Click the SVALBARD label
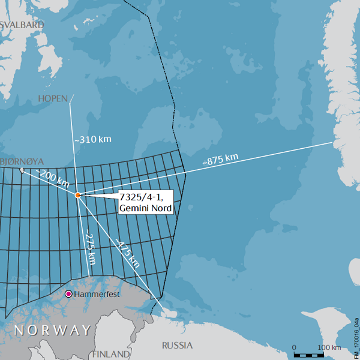pos(23,25)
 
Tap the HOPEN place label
pos(53,98)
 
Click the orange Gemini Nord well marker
pos(78,195)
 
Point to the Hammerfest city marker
pos(68,294)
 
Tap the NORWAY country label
pos(53,330)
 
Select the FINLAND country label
pos(111,354)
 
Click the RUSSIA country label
pos(178,345)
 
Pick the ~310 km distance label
pos(93,139)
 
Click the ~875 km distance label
pos(220,160)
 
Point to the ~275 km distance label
pos(90,248)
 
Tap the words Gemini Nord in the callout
pos(146,208)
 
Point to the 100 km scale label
pos(329,347)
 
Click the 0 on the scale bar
pos(294,347)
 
